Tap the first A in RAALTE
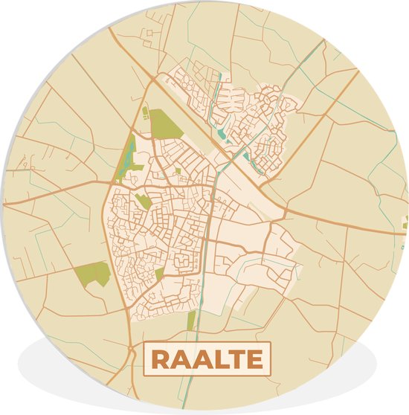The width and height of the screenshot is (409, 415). (179, 358)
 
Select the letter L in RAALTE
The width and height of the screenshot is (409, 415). (216, 358)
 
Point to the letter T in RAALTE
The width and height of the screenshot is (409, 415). (234, 358)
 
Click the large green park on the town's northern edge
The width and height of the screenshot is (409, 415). (166, 123)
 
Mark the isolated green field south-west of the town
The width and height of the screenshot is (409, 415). (92, 274)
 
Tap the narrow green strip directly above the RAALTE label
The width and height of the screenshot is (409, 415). (191, 321)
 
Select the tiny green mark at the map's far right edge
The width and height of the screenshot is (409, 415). (406, 221)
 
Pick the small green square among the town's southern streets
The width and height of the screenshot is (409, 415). (159, 273)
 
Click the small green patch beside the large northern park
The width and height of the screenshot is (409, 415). (145, 113)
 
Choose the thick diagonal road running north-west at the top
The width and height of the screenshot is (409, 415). (126, 52)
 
